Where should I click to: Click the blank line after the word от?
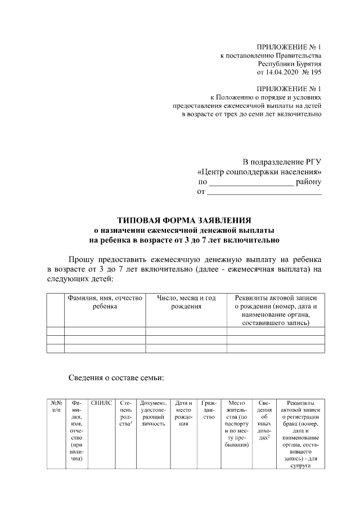(x=264, y=193)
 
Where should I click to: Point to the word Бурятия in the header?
(x=307, y=64)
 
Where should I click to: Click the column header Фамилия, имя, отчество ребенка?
(x=105, y=302)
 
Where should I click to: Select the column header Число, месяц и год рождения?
(x=186, y=302)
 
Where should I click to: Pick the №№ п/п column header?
(x=56, y=406)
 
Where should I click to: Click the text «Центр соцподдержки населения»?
(x=260, y=172)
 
